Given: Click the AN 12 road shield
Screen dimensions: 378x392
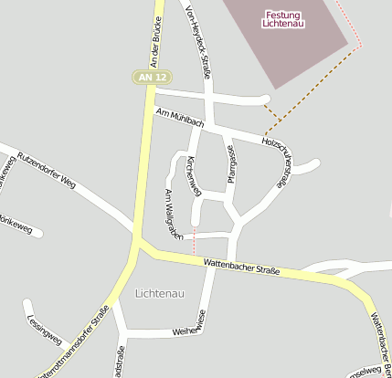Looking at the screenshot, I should (x=152, y=79).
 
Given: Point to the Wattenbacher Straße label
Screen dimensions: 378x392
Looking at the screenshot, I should (x=241, y=266).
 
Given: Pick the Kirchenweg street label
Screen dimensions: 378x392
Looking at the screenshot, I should (x=192, y=173).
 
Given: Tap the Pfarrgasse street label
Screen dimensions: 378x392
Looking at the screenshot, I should (x=232, y=165).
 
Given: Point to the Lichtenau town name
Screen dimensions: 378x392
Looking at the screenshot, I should (x=159, y=293).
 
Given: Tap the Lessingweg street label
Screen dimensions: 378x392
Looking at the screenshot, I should (x=46, y=329).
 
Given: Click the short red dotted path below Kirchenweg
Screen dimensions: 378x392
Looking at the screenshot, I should (x=194, y=242).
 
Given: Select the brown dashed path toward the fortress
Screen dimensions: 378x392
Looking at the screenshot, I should (x=311, y=87).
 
